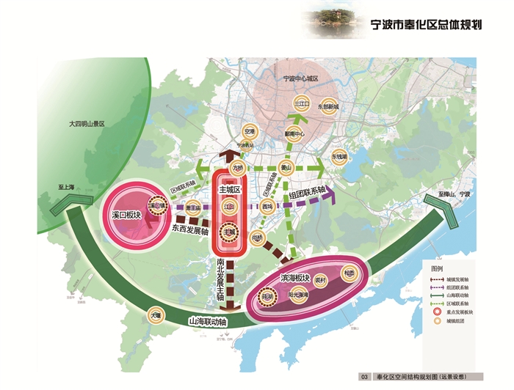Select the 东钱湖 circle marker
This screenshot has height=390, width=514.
point(339,156)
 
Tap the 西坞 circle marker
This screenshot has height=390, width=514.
point(267,207)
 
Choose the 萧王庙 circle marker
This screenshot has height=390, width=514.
point(194,207)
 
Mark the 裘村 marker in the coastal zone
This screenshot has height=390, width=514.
point(320,280)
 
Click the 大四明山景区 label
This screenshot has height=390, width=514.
point(87,126)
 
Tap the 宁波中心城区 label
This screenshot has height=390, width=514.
point(301,78)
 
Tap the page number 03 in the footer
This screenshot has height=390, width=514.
point(363,376)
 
